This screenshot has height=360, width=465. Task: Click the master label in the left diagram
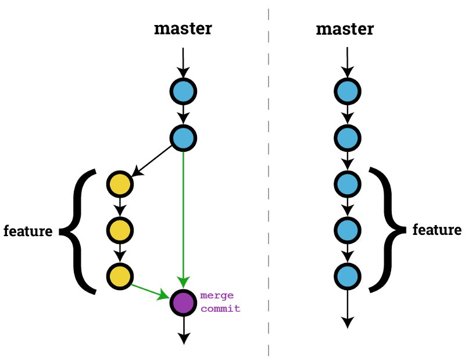pos(183,29)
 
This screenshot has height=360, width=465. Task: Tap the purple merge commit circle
pos(183,302)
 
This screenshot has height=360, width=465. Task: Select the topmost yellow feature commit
pos(120,184)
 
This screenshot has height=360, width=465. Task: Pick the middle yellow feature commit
pos(120,230)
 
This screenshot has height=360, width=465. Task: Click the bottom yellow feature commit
pos(120,275)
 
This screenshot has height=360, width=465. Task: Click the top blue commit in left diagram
pos(183,91)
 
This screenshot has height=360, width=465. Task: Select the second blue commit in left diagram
pos(183,138)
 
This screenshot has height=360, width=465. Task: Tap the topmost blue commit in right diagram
pos(347,91)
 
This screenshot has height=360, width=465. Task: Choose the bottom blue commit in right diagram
pos(347,275)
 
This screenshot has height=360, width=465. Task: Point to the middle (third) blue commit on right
pos(347,184)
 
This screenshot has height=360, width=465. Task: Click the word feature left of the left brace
pos(28,231)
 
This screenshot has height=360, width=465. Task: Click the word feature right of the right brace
pos(437,230)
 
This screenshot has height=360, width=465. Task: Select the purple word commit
pos(220,309)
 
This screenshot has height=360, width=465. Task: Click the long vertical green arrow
pos(183,215)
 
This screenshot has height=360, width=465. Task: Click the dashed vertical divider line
pos(269,180)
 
